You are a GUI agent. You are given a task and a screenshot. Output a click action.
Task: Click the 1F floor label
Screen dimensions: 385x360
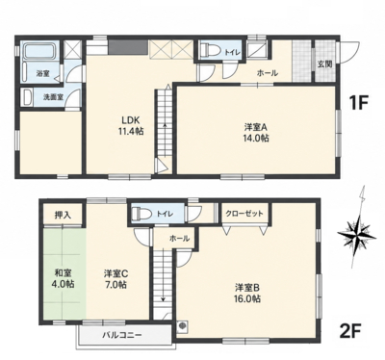point(358,104)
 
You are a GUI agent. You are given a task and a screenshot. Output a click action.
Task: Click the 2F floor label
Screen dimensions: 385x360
point(350,330)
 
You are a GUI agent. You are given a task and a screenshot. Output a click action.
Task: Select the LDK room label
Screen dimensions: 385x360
point(130,120)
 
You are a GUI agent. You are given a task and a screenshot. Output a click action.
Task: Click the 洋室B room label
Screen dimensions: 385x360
point(247,287)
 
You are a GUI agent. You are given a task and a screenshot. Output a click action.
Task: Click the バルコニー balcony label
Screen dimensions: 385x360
point(122,336)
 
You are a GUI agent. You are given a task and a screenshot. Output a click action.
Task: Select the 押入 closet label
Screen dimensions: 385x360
point(63,215)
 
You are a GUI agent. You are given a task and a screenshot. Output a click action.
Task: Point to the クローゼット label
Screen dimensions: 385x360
point(244,214)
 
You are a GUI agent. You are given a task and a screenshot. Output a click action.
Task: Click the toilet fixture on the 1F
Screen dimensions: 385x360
point(210,50)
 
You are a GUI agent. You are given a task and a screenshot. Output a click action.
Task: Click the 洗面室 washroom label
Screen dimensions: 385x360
point(53,96)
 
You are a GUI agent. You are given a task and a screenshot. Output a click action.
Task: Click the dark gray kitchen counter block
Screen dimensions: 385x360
point(128,48)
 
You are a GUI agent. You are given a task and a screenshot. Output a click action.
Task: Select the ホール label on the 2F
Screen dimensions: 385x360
point(179,239)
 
